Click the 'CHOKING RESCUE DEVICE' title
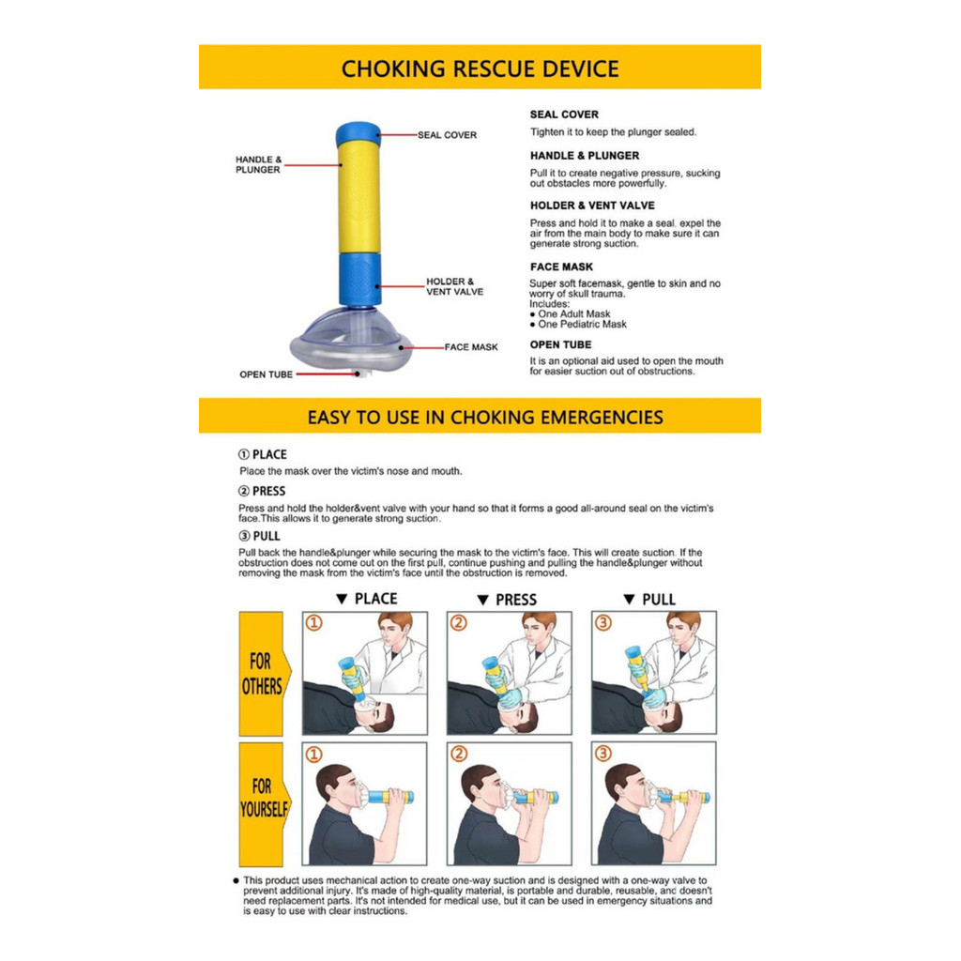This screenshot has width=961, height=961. tap(480, 69)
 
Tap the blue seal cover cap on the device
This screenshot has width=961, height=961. tap(358, 133)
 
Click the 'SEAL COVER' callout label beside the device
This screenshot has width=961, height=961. tap(448, 135)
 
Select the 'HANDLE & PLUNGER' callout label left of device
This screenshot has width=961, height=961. tap(259, 164)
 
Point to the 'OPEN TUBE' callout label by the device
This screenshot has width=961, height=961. tap(266, 374)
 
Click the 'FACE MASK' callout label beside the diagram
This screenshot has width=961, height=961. tap(471, 347)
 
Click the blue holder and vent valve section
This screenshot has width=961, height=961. tap(359, 280)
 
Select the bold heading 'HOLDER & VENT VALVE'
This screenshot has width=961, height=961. tap(592, 206)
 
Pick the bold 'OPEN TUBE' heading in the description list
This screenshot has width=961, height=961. tap(561, 344)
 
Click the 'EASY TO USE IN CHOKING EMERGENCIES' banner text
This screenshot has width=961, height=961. tap(485, 418)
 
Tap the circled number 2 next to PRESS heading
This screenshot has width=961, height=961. tap(244, 491)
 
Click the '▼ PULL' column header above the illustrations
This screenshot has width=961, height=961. tap(649, 600)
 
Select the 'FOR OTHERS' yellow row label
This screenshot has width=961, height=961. tap(262, 674)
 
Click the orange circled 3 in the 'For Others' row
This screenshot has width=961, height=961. tap(603, 623)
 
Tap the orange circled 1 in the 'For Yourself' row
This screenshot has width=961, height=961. tap(313, 754)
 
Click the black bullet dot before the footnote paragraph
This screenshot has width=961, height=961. tap(236, 880)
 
